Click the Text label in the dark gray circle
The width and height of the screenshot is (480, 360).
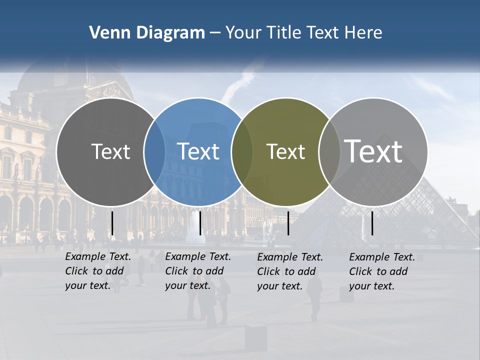tap(110, 151)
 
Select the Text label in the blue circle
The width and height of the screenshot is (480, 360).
tap(198, 151)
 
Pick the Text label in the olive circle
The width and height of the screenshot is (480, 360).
tap(285, 151)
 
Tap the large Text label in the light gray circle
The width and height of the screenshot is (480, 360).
tap(373, 151)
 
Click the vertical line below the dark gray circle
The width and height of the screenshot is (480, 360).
tap(112, 223)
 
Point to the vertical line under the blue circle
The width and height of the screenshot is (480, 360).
tap(200, 223)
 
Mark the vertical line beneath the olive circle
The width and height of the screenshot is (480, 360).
tap(288, 223)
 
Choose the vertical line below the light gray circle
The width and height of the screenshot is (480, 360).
tap(372, 223)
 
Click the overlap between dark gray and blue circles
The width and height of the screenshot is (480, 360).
tap(154, 151)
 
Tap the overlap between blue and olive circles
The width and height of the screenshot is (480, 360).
tap(242, 151)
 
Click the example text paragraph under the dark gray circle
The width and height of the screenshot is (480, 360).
tap(98, 271)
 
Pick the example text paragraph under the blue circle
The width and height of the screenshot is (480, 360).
tap(198, 271)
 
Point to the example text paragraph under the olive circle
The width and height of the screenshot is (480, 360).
tap(290, 271)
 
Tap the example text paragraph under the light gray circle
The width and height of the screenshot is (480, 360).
tap(382, 271)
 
